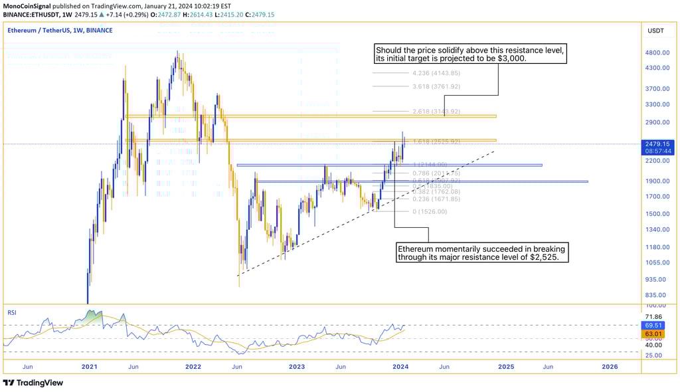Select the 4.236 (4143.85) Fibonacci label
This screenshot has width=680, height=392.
point(436,73)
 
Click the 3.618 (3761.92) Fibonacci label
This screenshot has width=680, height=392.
point(436,86)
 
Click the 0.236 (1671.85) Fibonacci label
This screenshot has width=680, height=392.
point(436,199)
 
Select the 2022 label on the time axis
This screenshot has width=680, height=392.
point(193,366)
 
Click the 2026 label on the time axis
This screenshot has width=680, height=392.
point(609,366)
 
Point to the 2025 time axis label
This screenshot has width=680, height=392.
point(506,366)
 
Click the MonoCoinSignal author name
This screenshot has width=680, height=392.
point(29,5)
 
